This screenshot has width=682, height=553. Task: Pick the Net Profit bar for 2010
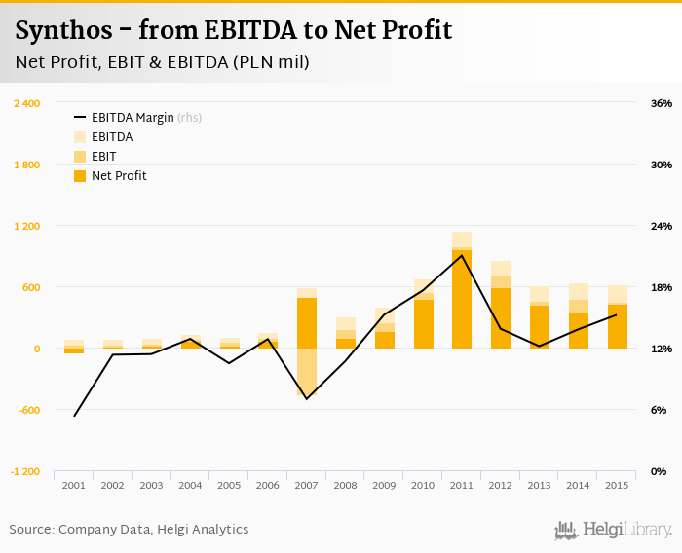tap(423, 324)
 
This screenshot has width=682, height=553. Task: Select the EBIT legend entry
tap(104, 157)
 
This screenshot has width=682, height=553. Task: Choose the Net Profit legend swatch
tap(80, 176)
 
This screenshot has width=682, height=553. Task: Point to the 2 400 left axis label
tap(26, 103)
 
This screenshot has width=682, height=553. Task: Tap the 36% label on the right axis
tap(662, 103)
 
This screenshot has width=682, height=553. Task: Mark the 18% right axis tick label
tap(662, 287)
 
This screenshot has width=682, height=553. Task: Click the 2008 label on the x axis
tap(346, 485)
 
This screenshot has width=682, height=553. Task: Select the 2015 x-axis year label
tap(617, 485)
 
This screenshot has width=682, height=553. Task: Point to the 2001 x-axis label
tap(74, 485)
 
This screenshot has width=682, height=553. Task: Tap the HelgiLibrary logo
tap(614, 531)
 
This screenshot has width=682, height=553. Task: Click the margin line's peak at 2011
tap(462, 255)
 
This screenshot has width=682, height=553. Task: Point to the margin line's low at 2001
tap(74, 417)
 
